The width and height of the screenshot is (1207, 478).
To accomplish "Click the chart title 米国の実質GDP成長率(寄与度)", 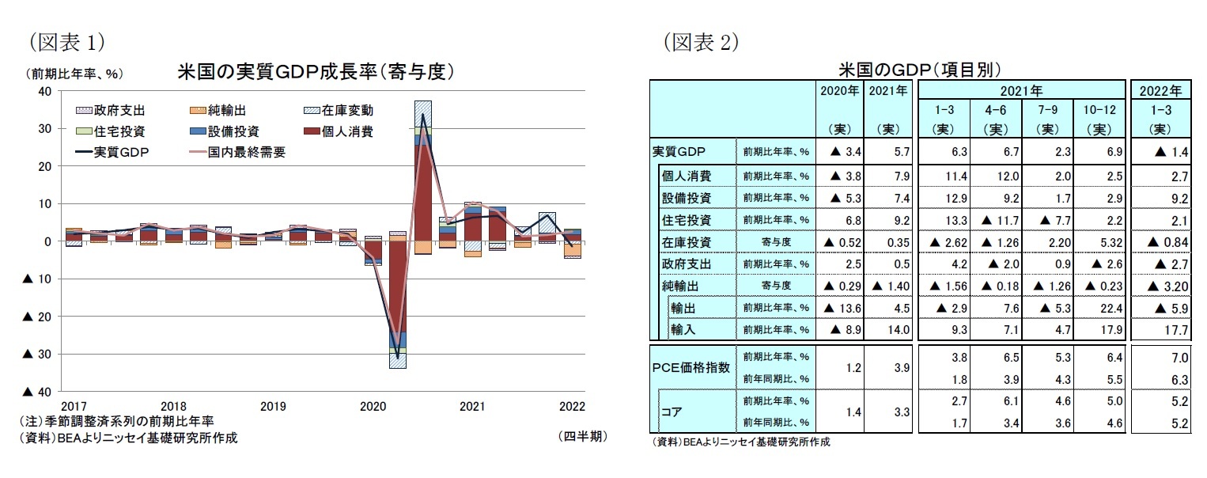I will pyautogui.click(x=316, y=72).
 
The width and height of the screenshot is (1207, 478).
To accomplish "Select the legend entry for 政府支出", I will pyautogui.click(x=111, y=111).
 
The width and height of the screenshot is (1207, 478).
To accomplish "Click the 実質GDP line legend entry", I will pyautogui.click(x=111, y=152).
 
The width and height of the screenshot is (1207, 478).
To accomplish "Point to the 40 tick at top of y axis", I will pyautogui.click(x=45, y=91).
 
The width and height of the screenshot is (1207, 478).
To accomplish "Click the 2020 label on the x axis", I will pyautogui.click(x=373, y=406).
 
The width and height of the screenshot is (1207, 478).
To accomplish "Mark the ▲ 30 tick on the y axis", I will pyautogui.click(x=40, y=354).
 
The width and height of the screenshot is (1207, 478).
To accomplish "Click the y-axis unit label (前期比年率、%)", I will pyautogui.click(x=74, y=74).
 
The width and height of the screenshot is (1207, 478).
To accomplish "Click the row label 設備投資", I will pyautogui.click(x=687, y=197).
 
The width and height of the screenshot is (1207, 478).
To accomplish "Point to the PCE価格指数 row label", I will pyautogui.click(x=691, y=367).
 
